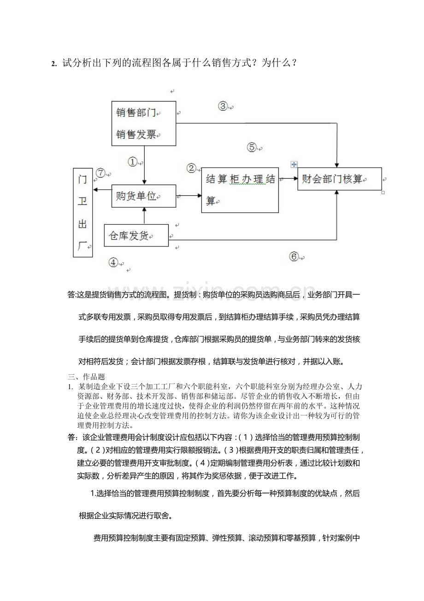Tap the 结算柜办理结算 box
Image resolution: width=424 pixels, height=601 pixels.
coord(240,190)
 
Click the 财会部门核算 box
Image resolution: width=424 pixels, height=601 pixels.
coord(339,179)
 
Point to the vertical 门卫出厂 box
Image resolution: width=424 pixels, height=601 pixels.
coord(82,212)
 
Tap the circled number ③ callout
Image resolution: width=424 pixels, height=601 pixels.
coord(223,106)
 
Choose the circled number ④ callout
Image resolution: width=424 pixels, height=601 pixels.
coord(113,262)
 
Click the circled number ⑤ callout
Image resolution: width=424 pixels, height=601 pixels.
coord(252,147)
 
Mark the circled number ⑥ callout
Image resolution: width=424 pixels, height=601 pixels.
coord(294,257)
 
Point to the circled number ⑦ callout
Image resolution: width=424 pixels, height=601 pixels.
coord(101,173)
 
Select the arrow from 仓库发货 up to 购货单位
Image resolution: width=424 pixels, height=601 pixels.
coord(144,215)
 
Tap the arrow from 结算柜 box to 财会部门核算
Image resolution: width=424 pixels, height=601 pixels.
coord(288,178)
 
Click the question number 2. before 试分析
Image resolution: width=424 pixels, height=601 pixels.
coord(54,64)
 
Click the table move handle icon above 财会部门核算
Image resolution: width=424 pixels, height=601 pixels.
coord(294,164)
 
